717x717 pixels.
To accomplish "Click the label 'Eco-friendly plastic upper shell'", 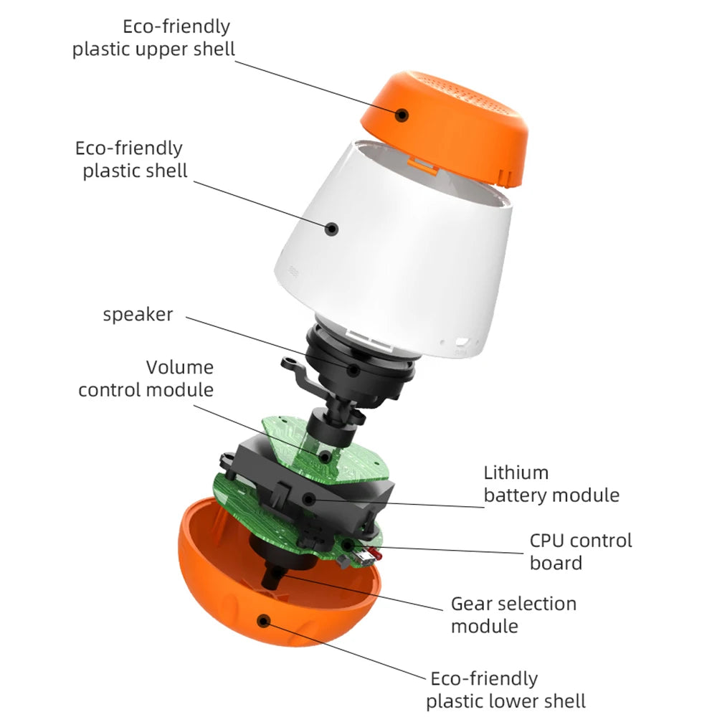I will click(153, 38).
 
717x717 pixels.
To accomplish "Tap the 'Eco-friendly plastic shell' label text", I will click(132, 159).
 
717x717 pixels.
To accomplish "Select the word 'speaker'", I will click(138, 314).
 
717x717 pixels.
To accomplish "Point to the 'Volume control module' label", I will click(146, 379).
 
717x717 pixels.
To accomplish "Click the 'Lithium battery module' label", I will click(551, 483).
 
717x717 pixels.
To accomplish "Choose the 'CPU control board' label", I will click(581, 551).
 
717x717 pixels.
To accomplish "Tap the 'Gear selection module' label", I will click(513, 614).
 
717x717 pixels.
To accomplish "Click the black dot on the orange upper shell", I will click(403, 114).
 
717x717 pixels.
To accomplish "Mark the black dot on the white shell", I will click(331, 229).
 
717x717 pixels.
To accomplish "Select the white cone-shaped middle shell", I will click(402, 244).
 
